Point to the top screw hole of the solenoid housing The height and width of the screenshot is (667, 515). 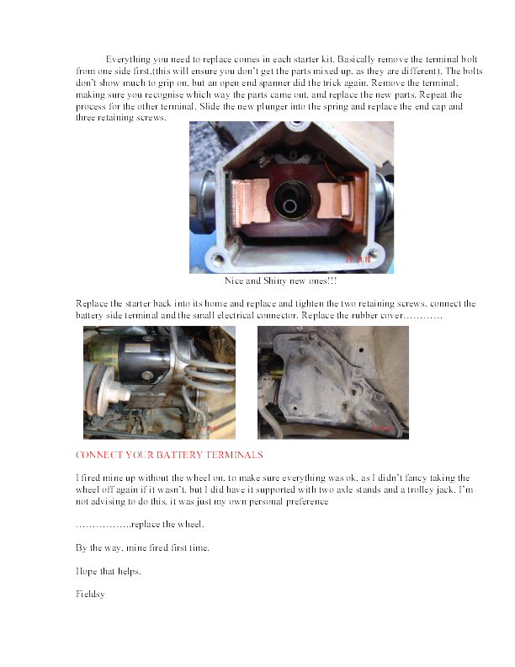[290, 132]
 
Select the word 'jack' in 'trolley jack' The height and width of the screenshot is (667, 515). [438, 489]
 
